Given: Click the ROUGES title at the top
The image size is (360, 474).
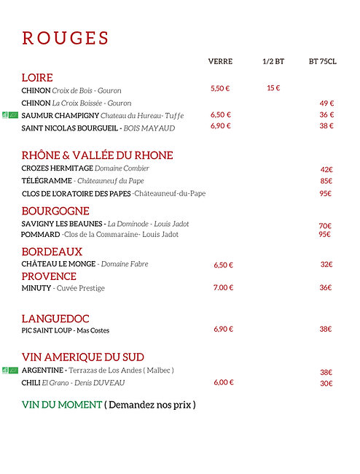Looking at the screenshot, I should click(66, 39).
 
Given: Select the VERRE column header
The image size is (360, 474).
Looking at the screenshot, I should click(220, 62).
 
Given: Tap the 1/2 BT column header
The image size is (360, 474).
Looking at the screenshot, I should click(273, 62).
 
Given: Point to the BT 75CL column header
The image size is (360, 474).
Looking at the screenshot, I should click(323, 62).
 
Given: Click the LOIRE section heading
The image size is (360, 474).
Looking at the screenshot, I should click(37, 77).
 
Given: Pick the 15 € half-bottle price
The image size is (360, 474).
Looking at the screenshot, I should click(273, 88).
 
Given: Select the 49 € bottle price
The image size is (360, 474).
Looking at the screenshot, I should click(326, 103).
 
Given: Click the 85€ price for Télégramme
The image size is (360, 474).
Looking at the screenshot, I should click(326, 181).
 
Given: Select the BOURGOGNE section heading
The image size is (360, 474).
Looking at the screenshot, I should click(55, 211).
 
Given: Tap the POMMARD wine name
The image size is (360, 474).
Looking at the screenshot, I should click(40, 235).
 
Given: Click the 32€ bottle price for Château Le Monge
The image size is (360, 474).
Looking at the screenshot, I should click(326, 265).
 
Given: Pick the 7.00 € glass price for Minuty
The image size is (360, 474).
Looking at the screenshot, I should click(223, 287).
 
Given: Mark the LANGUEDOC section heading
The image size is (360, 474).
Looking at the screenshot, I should click(55, 319).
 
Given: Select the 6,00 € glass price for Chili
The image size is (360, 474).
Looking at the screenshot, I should click(223, 382).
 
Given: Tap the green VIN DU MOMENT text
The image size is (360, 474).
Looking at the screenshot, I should click(62, 404).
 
